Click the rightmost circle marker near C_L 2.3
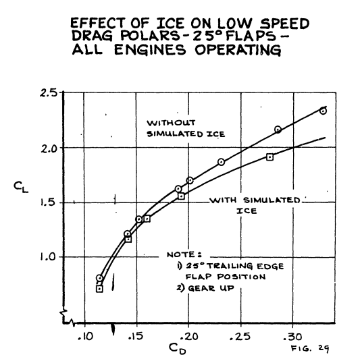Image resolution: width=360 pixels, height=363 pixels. pos(323,111)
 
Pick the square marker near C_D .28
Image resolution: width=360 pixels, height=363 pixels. pos(270,157)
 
